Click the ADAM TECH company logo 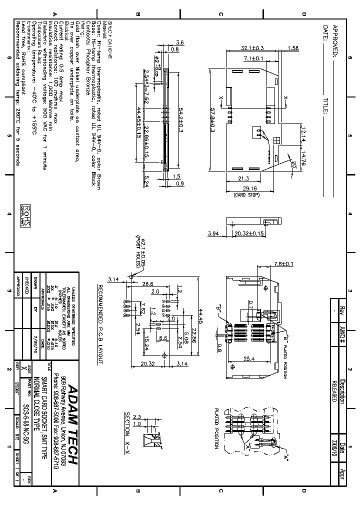point(72,424)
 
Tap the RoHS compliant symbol point(26,215)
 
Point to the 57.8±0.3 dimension point(212,120)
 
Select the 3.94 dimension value point(213,233)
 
